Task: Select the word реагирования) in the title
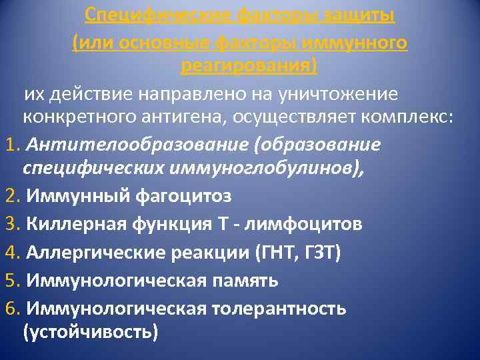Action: click(249, 66)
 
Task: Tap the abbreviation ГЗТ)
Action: click(327, 253)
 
